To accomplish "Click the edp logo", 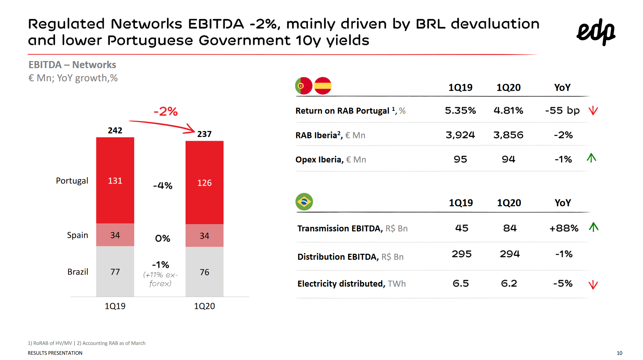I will [x=596, y=32].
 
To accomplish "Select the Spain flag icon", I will [x=323, y=86].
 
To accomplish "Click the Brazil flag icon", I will [x=304, y=202].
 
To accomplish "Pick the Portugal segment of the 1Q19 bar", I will [x=115, y=180].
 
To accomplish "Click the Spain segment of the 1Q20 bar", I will [x=204, y=235].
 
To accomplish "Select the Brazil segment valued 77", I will [x=115, y=271].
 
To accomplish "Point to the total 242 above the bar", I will [x=115, y=131].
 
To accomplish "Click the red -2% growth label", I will [x=165, y=112].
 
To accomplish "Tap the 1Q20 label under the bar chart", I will [x=204, y=306].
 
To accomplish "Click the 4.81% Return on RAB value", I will [x=508, y=110].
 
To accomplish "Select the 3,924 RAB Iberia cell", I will [x=460, y=135].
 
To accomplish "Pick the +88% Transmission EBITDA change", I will [x=564, y=228].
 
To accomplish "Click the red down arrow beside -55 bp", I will [x=593, y=110].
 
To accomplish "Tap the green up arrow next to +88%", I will [x=594, y=227].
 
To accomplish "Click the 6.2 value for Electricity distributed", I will [x=509, y=283].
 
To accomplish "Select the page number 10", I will [x=619, y=353].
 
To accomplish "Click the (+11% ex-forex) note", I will [x=160, y=279].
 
